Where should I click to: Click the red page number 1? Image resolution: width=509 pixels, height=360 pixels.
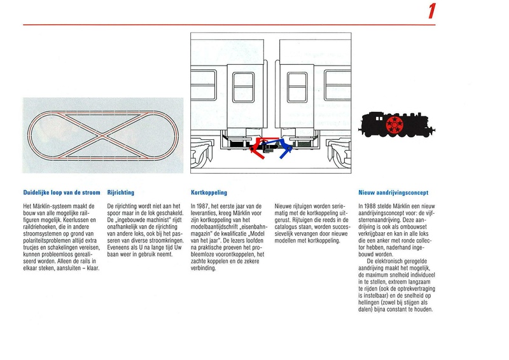(x=432, y=11)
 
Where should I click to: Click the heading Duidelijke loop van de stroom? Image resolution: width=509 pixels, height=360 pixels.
(x=62, y=191)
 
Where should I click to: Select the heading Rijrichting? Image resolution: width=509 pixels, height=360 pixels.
(x=121, y=191)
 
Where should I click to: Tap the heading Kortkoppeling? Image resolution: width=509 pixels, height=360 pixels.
(x=209, y=191)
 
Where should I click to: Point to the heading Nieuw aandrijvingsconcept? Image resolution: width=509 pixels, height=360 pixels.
(x=393, y=191)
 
